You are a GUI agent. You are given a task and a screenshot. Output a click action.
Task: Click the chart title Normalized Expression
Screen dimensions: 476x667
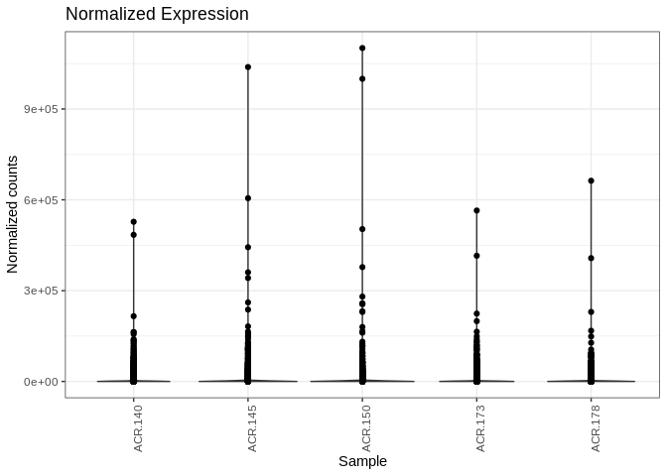tap(157, 14)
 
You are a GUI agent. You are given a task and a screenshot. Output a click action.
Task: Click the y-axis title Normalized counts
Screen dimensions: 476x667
tap(13, 214)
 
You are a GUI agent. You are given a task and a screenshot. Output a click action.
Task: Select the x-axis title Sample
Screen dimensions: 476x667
tap(362, 461)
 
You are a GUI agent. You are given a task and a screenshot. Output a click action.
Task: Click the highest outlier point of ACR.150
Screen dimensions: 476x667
tap(362, 48)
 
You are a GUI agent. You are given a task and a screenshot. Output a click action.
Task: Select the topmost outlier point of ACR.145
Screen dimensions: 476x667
tap(248, 66)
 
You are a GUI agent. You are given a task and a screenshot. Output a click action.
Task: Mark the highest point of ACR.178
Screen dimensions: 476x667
tap(591, 180)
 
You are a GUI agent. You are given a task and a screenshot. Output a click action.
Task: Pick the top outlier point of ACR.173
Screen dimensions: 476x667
tap(476, 210)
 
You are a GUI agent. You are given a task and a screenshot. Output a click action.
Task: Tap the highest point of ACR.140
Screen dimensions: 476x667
tap(134, 222)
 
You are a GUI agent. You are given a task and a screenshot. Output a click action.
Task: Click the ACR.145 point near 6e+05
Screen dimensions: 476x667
tap(248, 198)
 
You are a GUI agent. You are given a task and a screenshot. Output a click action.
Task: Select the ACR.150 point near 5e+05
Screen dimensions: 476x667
tap(362, 229)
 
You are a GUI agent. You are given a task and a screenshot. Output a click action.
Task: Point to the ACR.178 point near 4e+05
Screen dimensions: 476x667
tap(591, 258)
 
